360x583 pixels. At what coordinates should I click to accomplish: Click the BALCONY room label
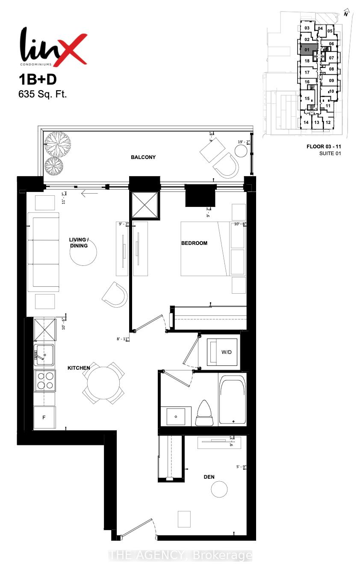(x=143, y=157)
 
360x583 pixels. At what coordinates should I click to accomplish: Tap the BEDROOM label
(x=194, y=243)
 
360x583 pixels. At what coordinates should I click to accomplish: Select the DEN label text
(x=209, y=477)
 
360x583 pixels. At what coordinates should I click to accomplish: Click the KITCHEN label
(x=79, y=368)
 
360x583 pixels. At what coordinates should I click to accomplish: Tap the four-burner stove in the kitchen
(x=45, y=380)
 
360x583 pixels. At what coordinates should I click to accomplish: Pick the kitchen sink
(x=44, y=354)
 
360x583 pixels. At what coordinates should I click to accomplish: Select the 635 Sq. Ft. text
(x=43, y=94)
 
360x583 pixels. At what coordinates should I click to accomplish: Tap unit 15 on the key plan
(x=307, y=99)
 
